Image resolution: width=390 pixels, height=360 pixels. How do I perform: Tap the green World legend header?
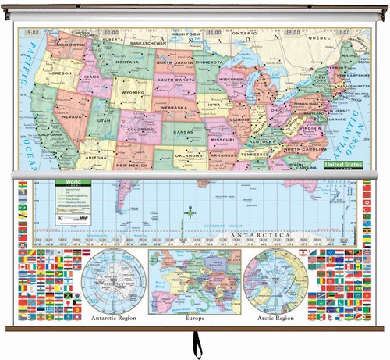coord(74,181)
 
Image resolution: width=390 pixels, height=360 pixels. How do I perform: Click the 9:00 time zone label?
coord(34,32)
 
